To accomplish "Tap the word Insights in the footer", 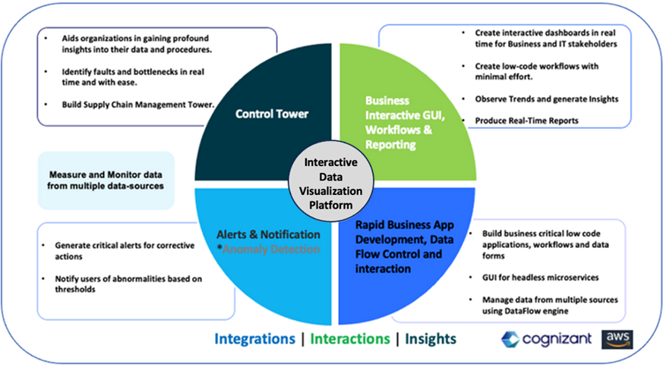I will (x=430, y=338).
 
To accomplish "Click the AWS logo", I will (x=616, y=338).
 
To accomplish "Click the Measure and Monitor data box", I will (x=106, y=180).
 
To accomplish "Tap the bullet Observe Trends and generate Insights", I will (x=546, y=99).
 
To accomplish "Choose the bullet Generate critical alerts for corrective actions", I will (x=125, y=251).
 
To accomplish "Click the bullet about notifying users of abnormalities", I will (x=128, y=284).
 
